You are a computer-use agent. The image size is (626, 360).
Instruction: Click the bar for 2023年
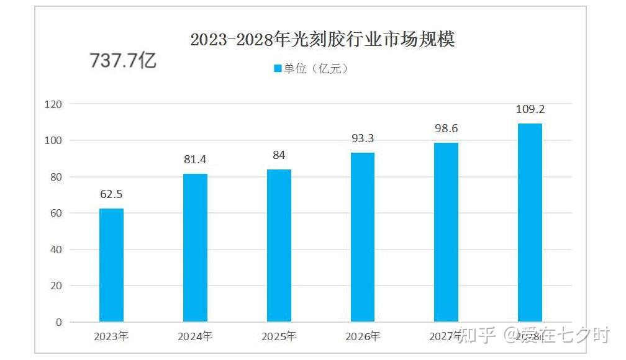tap(111, 265)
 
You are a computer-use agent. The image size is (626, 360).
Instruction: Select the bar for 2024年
tap(195, 248)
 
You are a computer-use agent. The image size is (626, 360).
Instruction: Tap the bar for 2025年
tap(279, 246)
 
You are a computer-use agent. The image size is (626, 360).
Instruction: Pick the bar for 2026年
tap(363, 237)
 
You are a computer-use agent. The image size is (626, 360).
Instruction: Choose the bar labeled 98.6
tap(446, 232)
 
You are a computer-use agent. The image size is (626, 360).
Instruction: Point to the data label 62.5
tap(111, 194)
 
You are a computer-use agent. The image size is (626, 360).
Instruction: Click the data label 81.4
tap(195, 160)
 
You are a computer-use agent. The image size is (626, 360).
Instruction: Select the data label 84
tap(279, 155)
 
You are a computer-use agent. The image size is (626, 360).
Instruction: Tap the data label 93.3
tap(363, 138)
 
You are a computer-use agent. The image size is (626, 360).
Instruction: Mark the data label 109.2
tap(530, 109)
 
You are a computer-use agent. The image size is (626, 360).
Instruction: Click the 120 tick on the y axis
tap(53, 104)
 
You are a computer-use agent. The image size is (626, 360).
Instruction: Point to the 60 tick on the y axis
tap(56, 214)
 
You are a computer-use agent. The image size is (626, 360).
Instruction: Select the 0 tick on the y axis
tap(58, 322)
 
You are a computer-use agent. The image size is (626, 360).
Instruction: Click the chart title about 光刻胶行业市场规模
tap(322, 40)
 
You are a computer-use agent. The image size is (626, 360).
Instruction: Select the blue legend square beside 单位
tap(278, 68)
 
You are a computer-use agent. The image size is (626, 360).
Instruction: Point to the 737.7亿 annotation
tap(123, 61)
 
